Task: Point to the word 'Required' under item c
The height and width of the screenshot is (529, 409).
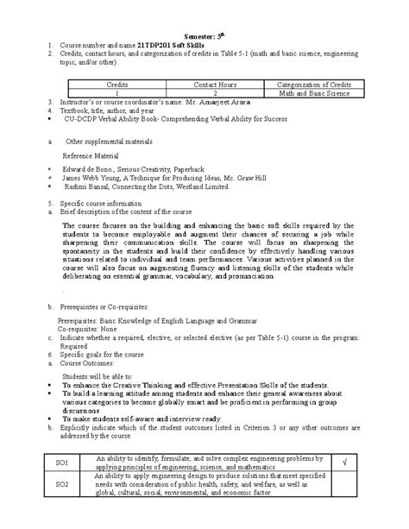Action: (x=88, y=347)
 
